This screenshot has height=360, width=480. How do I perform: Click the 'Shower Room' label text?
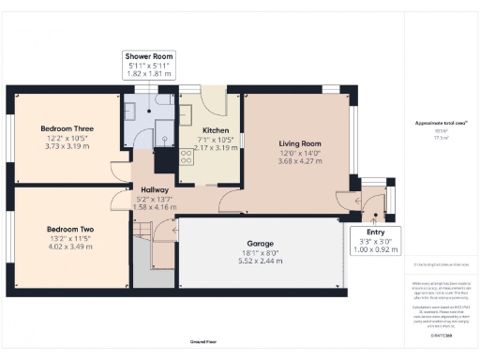tap(152, 57)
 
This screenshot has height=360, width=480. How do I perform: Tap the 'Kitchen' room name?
tap(216, 130)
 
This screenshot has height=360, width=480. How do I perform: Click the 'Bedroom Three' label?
tap(66, 127)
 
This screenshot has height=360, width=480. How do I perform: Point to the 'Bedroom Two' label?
tap(71, 228)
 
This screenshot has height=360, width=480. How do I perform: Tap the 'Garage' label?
tap(260, 241)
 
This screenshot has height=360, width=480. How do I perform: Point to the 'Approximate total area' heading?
tap(441, 124)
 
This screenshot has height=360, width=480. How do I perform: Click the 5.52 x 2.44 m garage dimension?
tap(260, 260)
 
